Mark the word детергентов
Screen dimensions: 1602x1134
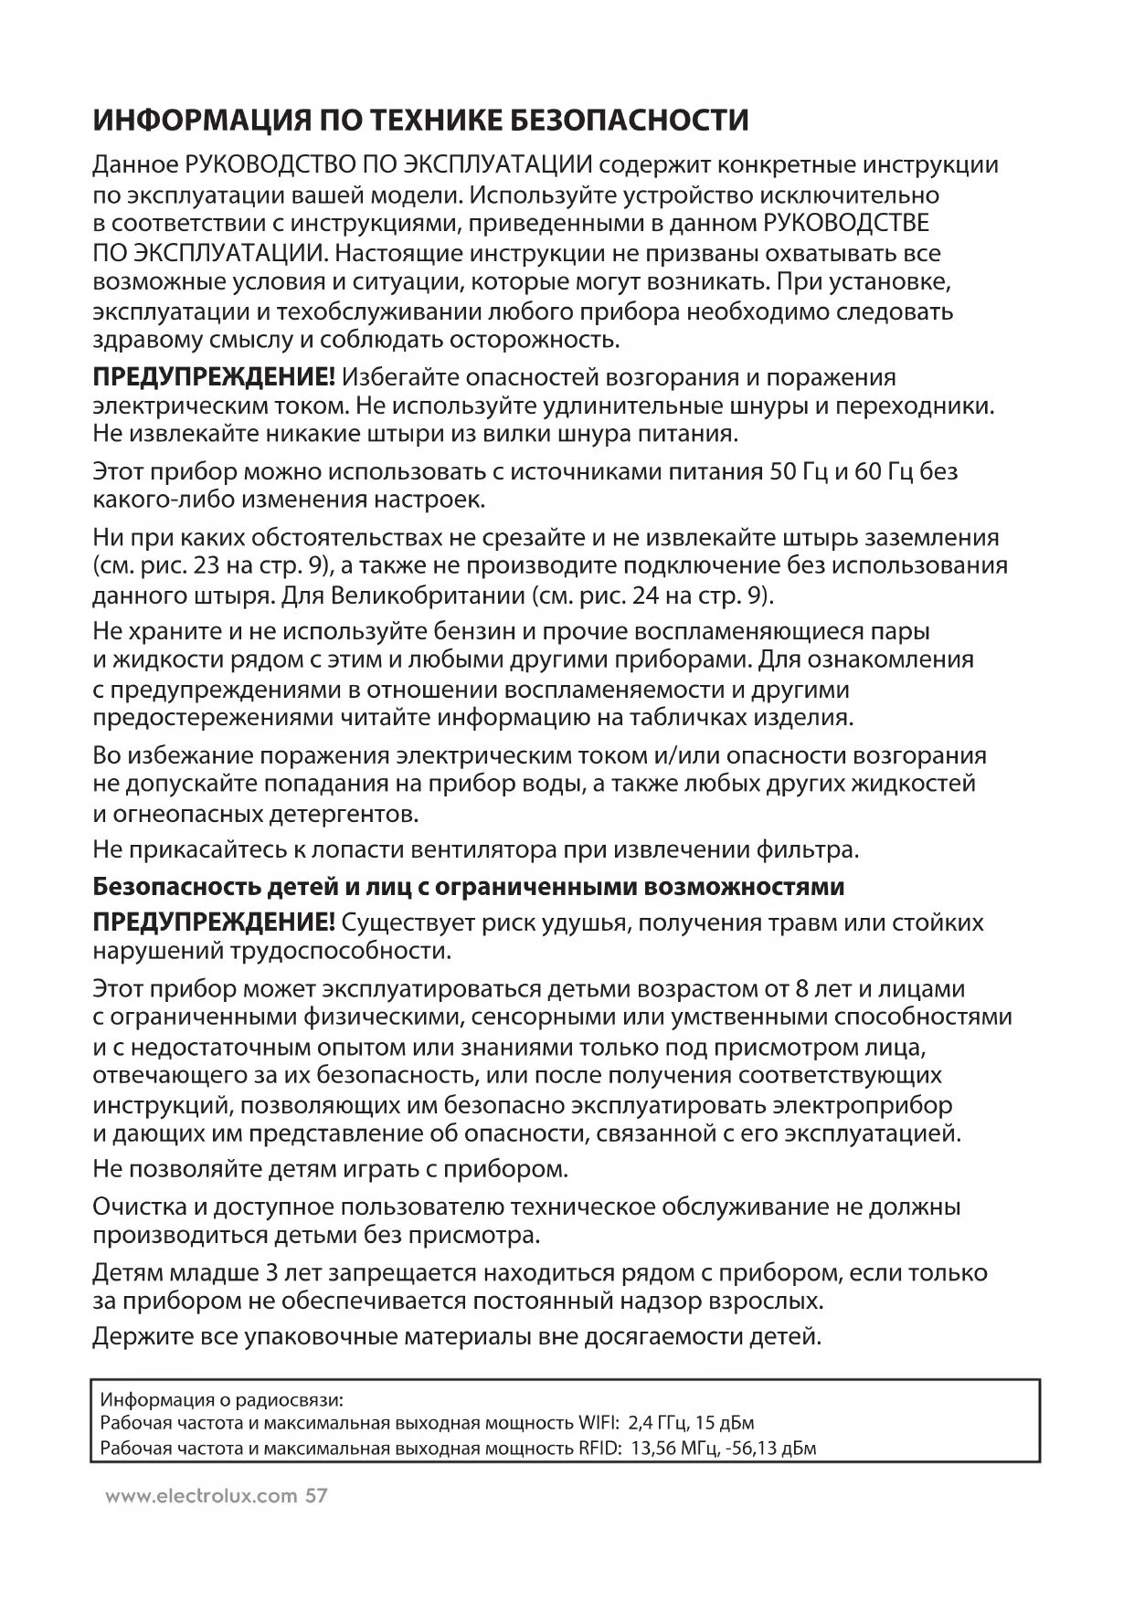point(341,813)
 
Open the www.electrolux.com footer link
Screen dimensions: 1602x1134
point(202,1496)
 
